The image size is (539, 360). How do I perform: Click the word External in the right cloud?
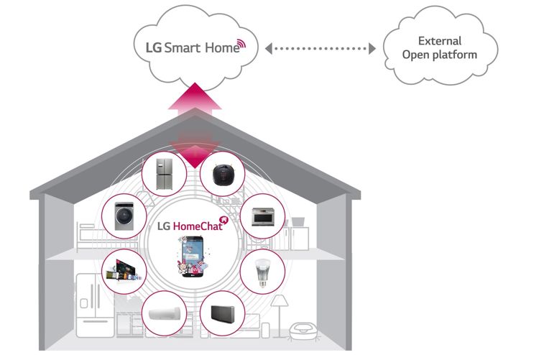click(x=440, y=41)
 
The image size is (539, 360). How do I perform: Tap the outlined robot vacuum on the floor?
click(x=303, y=331)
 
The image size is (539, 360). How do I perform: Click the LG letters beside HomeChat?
click(x=165, y=226)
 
